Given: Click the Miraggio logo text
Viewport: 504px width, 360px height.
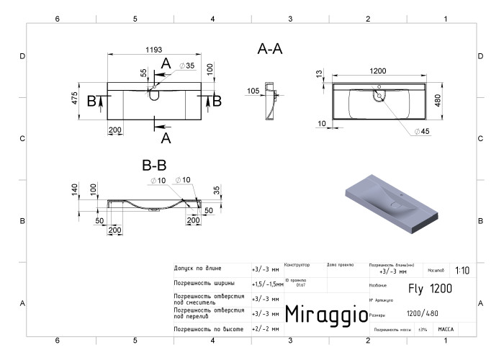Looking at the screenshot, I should click(x=326, y=314).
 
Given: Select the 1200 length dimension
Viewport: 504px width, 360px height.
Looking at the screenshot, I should click(x=379, y=71).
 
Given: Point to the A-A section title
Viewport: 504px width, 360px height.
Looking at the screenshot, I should click(x=270, y=49).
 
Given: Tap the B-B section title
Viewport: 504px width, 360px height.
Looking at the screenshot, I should click(x=155, y=164).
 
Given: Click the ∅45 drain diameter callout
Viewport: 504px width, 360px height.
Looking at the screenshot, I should click(x=422, y=131).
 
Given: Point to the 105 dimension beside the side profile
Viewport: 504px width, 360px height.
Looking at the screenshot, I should click(x=253, y=91).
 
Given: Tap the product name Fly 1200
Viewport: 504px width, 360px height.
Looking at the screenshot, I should click(x=431, y=289).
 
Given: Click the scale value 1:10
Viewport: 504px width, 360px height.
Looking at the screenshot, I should click(x=462, y=271).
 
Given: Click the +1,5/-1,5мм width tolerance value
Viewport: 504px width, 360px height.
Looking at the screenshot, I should click(x=267, y=284).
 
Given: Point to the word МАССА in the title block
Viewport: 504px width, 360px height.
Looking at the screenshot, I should click(x=446, y=328).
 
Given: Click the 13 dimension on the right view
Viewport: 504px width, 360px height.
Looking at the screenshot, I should click(x=318, y=74).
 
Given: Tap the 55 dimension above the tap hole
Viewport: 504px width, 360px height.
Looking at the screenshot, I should click(x=143, y=73).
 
